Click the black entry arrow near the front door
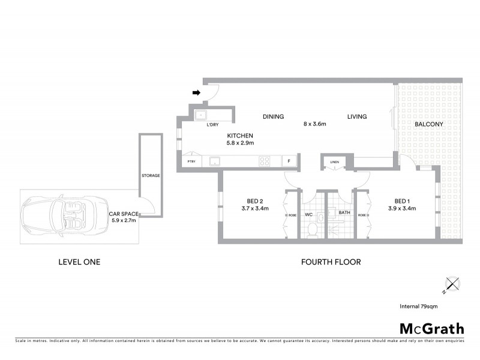click(x=196, y=92)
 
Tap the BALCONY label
click(x=428, y=124)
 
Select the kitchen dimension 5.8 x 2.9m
click(x=240, y=143)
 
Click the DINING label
click(x=273, y=116)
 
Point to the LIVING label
click(x=356, y=116)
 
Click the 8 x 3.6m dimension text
click(x=314, y=124)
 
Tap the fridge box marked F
click(x=289, y=161)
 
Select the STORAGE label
click(x=150, y=175)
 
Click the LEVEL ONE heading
click(x=79, y=262)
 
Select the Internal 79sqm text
click(x=418, y=307)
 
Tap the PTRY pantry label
click(x=191, y=161)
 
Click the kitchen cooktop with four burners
click(x=265, y=161)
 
